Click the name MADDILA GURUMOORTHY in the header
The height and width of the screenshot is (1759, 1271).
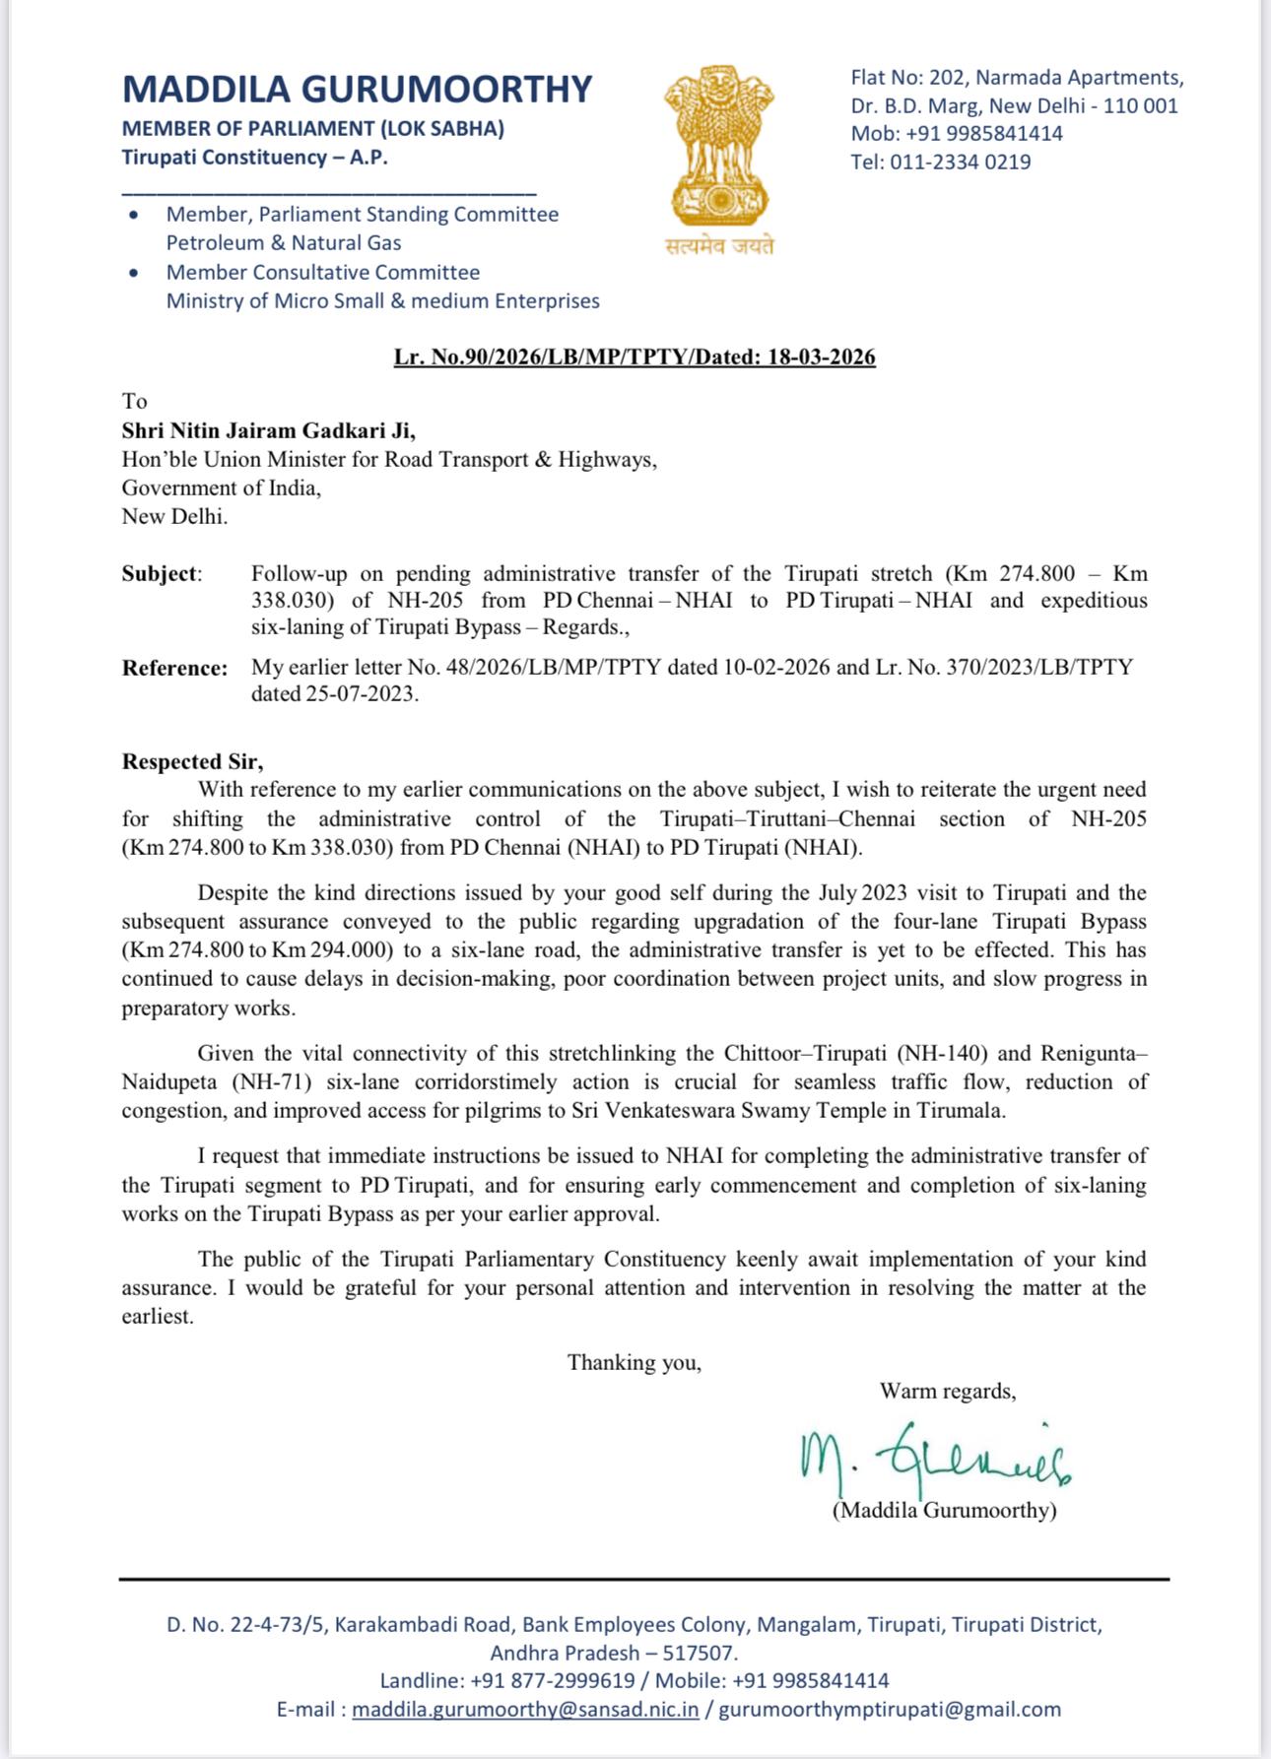(x=357, y=90)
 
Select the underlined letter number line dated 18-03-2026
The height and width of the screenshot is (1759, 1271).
(x=635, y=357)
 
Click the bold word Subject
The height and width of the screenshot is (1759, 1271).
(x=161, y=573)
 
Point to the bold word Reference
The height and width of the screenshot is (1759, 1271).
(x=174, y=668)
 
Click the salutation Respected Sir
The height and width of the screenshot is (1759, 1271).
(x=192, y=761)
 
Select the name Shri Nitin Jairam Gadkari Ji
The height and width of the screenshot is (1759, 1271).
(x=268, y=430)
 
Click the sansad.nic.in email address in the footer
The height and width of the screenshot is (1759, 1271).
(x=525, y=1710)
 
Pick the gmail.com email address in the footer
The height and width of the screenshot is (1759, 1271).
(x=890, y=1710)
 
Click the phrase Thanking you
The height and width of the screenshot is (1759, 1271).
(x=635, y=1362)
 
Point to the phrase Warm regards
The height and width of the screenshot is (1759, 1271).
(x=948, y=1391)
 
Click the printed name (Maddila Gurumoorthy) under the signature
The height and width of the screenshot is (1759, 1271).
(x=944, y=1510)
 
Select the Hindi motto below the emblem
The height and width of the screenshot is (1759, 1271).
(x=719, y=246)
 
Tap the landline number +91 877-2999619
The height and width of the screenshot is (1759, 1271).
(x=553, y=1680)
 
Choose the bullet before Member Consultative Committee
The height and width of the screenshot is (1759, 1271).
(x=134, y=273)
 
